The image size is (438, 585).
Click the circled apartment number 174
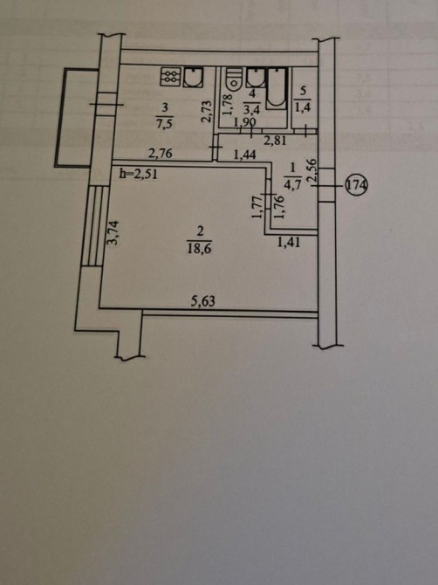tap(357, 185)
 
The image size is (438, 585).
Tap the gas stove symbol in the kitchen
tap(171, 77)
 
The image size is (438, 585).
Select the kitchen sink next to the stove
tap(193, 77)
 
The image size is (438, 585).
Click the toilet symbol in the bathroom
tap(234, 79)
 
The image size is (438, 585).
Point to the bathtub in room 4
tap(277, 88)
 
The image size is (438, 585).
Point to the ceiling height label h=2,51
tap(139, 175)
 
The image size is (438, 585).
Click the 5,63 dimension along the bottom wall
tap(203, 300)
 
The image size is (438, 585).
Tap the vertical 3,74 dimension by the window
tap(114, 233)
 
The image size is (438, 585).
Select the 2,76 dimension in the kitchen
tap(161, 153)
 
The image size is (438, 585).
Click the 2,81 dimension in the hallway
tap(275, 141)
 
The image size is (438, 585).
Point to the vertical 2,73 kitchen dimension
tap(208, 111)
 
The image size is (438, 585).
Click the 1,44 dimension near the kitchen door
tap(244, 154)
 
